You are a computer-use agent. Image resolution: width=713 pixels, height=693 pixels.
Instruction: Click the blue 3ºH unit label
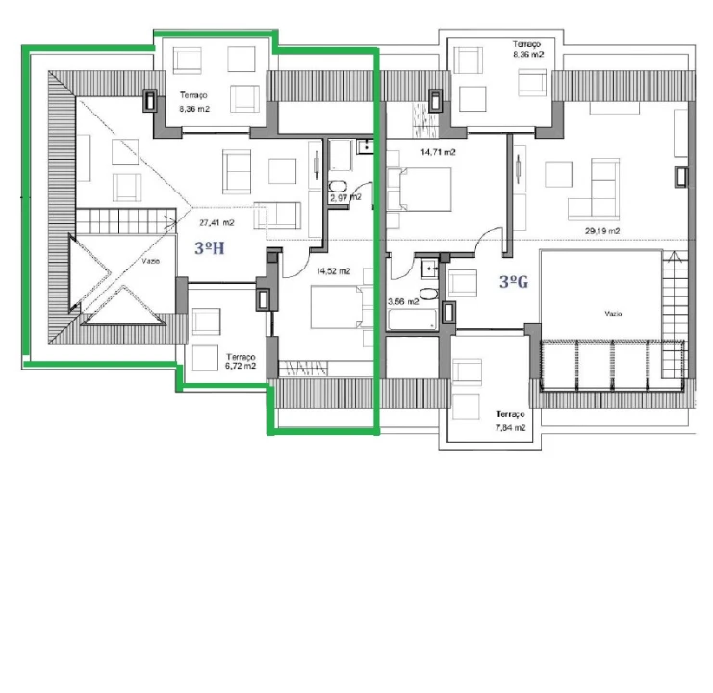point(210,248)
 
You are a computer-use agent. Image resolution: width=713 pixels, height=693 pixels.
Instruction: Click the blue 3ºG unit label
point(515,282)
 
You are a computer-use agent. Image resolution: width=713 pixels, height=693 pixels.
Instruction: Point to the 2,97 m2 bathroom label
point(344,197)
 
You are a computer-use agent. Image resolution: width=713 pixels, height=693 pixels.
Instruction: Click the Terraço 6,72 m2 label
point(236,360)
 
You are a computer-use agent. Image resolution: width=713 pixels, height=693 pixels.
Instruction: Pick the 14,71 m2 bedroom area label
point(438,152)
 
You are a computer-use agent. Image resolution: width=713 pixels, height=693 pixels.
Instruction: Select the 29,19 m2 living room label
point(602,230)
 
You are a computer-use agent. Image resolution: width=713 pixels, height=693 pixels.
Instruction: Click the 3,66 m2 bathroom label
point(402,301)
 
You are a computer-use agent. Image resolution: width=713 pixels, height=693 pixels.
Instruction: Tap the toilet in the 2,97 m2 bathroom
point(338,187)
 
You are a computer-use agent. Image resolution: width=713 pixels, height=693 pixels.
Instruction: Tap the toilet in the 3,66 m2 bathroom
point(429,293)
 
